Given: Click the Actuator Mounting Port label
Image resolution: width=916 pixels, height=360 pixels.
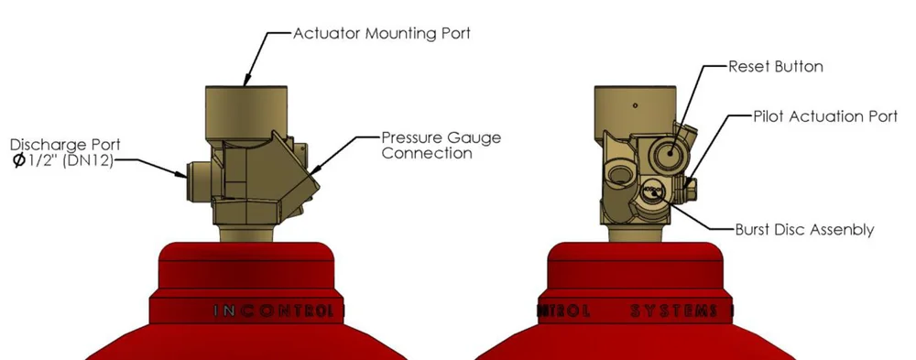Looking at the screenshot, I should (x=381, y=33).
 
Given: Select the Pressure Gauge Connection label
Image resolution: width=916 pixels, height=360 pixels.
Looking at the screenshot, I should (x=441, y=146).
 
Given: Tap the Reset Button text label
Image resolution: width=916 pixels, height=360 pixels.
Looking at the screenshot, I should (x=775, y=67).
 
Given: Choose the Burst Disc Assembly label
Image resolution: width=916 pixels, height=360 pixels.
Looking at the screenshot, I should (x=804, y=230).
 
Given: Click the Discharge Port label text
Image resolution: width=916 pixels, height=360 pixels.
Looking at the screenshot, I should (x=65, y=145).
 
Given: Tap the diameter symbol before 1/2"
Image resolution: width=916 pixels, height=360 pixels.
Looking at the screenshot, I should (x=19, y=163).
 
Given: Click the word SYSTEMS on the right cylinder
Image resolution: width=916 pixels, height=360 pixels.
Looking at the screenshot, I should (x=673, y=311).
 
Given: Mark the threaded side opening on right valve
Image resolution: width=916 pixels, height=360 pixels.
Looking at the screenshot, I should (x=625, y=172).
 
